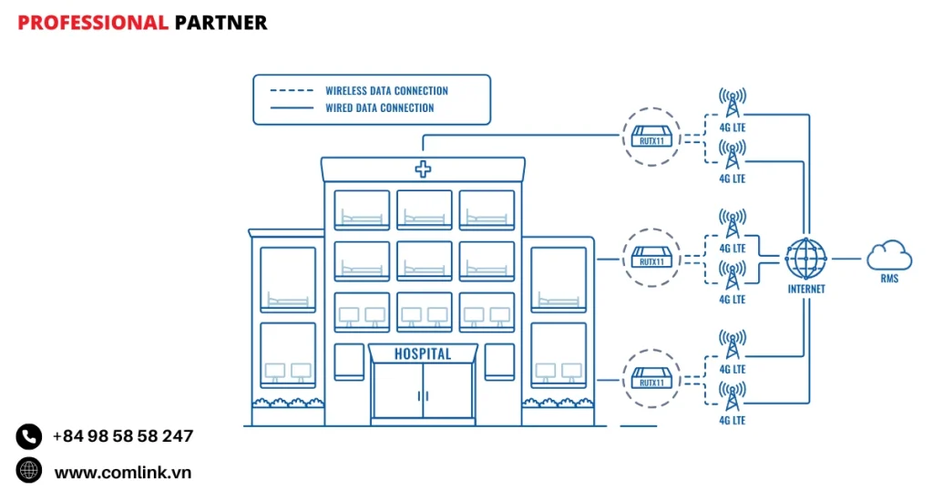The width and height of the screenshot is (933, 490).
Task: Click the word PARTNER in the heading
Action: click(220, 23)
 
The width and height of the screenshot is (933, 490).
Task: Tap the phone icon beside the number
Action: click(29, 436)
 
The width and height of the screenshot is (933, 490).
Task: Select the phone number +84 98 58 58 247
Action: click(123, 436)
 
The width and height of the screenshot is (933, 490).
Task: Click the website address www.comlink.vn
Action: click(123, 472)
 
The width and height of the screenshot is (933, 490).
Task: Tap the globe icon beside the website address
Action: click(29, 471)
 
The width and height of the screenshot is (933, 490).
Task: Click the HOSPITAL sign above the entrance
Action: click(423, 353)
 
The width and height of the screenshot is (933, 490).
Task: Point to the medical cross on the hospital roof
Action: click(423, 168)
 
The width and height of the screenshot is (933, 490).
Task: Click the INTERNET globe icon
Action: click(806, 259)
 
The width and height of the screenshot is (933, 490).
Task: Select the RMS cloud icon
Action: click(889, 255)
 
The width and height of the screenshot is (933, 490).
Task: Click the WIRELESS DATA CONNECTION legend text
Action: click(386, 91)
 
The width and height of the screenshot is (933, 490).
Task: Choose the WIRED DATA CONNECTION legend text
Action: click(380, 107)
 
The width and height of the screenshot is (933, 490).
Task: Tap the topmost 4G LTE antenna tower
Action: click(732, 103)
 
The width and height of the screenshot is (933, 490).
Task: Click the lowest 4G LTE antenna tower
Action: click(732, 397)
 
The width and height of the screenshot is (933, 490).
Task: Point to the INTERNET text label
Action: click(806, 290)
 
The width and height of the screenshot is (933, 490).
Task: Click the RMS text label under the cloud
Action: click(889, 279)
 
